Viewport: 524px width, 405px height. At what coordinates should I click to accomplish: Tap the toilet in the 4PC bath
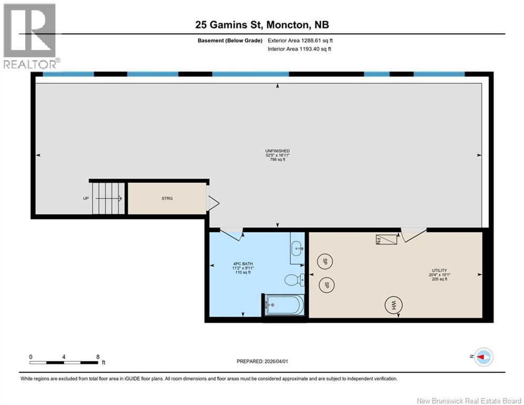point(292,279)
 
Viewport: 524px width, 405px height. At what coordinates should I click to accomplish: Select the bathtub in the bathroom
point(284,304)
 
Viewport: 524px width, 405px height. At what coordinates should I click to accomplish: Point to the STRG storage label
point(167,198)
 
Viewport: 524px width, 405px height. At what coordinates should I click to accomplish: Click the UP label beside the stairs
point(86,198)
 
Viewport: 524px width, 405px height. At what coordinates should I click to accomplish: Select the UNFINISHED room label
point(278,151)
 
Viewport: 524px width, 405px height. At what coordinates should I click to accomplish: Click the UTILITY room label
point(439,271)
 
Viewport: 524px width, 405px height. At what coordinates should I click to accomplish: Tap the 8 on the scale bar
point(98,356)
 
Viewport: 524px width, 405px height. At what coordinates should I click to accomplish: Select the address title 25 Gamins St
point(262,25)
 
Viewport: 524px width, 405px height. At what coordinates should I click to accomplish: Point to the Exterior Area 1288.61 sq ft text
point(300,40)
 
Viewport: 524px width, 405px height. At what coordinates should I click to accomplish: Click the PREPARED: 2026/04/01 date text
point(263,361)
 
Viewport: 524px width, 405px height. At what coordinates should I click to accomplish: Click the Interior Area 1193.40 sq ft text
point(299,49)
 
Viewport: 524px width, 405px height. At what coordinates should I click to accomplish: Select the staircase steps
point(108,198)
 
